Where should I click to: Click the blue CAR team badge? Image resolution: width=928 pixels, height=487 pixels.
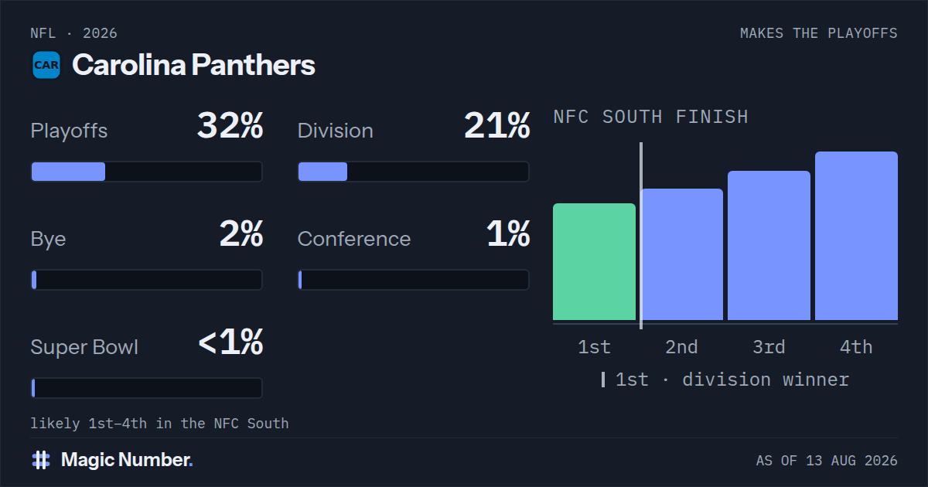46,65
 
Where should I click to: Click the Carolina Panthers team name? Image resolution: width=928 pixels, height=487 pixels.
193,65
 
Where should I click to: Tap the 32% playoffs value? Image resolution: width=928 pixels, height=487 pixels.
230,125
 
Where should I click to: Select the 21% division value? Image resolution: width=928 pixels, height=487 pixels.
496,125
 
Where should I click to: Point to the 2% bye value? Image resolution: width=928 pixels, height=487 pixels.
241,233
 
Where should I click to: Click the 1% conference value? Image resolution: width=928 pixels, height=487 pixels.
508,233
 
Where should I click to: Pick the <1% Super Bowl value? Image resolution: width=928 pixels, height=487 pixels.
230,342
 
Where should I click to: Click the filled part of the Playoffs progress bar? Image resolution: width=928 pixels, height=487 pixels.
68,172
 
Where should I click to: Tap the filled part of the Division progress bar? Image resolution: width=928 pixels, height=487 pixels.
322,172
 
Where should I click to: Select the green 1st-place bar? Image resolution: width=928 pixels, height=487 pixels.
594,262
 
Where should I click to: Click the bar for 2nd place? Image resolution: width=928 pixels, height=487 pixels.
681,254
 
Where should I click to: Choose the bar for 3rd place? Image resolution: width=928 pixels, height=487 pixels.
769,246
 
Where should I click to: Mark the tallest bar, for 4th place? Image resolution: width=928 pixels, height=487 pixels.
856,236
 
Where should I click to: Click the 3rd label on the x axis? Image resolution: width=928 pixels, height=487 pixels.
769,347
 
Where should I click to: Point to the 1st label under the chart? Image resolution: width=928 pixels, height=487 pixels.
594,347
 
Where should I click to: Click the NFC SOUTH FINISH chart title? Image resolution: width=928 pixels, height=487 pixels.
651,117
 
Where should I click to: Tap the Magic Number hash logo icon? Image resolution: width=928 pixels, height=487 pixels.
41,460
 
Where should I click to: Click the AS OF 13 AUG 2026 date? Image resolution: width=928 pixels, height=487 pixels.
827,461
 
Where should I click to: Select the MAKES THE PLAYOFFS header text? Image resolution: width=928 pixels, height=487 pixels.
819,33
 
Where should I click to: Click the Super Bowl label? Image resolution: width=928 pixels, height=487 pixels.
84,347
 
